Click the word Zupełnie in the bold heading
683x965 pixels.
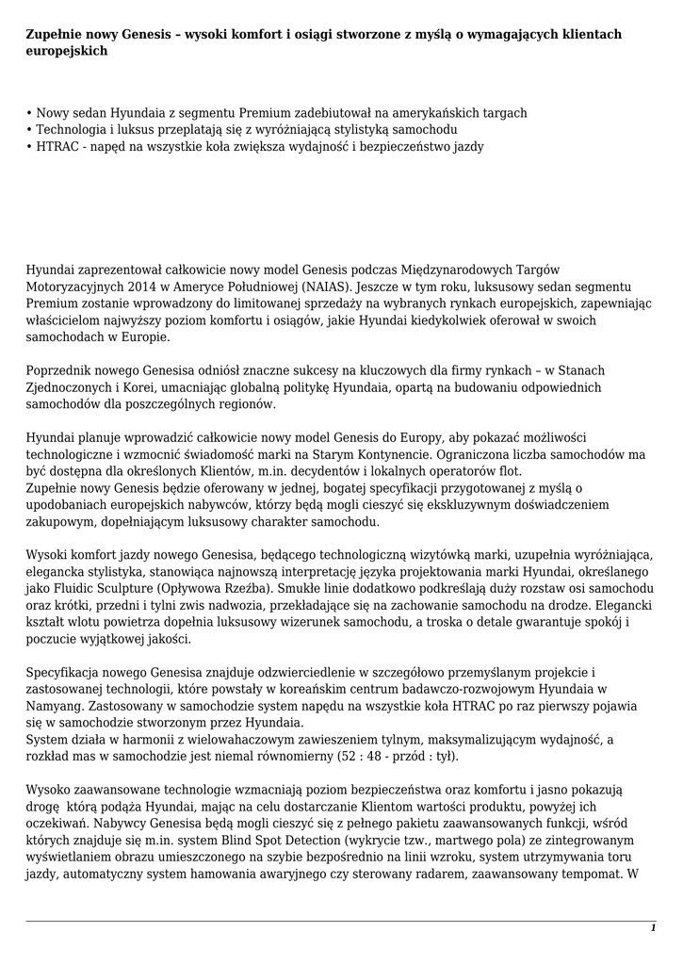tap(53, 34)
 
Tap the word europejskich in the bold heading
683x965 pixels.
tap(66, 51)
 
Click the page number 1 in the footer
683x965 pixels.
tap(653, 929)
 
